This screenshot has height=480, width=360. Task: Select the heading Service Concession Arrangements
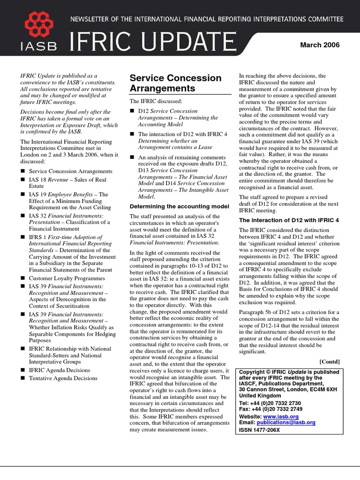click(175, 83)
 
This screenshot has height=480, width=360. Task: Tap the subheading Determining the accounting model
click(179, 206)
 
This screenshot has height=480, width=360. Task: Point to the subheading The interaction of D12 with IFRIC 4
click(289, 220)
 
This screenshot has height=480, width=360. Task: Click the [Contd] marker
click(330, 361)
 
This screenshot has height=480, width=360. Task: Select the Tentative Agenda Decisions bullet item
click(63, 377)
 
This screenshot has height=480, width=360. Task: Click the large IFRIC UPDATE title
click(153, 43)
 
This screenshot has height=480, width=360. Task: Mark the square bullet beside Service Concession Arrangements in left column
click(22, 172)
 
